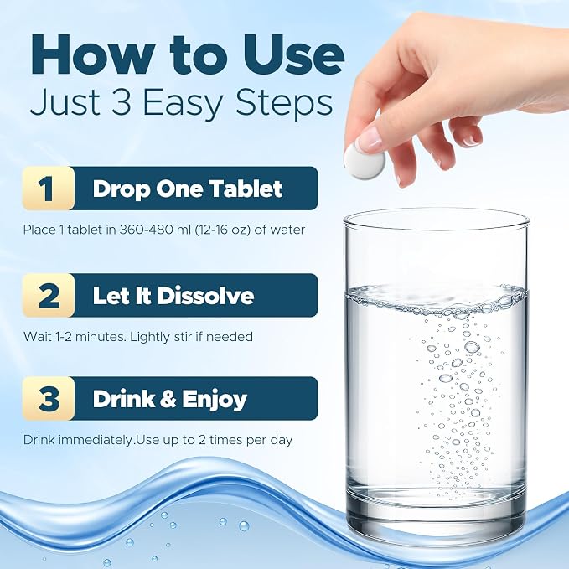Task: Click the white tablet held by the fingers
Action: [x=365, y=163]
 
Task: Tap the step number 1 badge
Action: [x=49, y=189]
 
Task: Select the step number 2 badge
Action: [x=49, y=295]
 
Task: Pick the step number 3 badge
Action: [x=49, y=398]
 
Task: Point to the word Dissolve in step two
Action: [x=205, y=295]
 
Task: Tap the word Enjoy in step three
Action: [x=215, y=400]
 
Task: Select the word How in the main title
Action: [x=91, y=54]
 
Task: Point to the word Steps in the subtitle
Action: [x=283, y=103]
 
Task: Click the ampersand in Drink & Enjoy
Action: [x=168, y=398]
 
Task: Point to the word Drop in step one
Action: [x=122, y=189]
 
